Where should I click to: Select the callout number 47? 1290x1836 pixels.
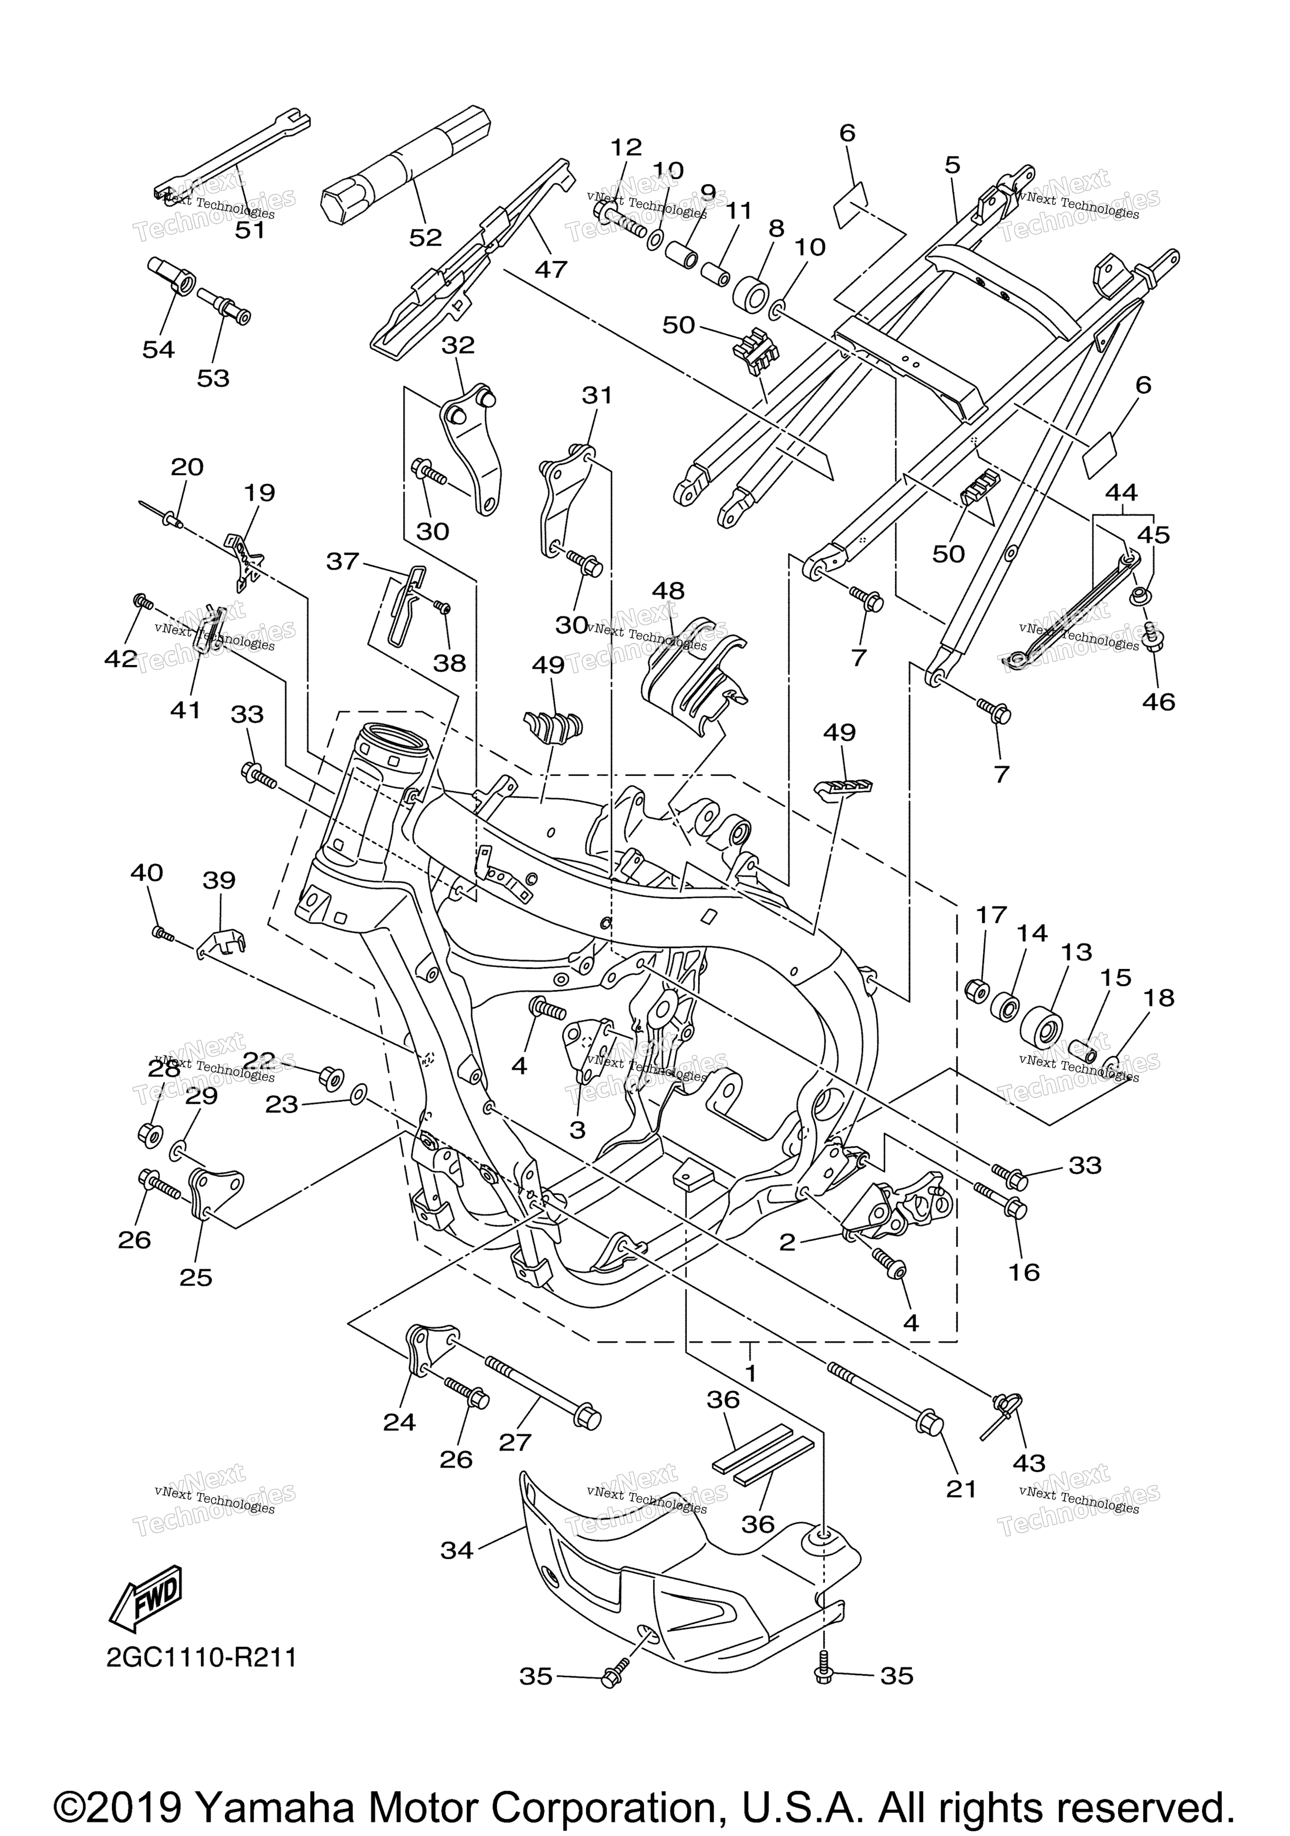(x=551, y=269)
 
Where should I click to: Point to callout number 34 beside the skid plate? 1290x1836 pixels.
(x=457, y=1550)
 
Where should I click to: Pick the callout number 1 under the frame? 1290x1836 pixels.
(x=750, y=1373)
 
